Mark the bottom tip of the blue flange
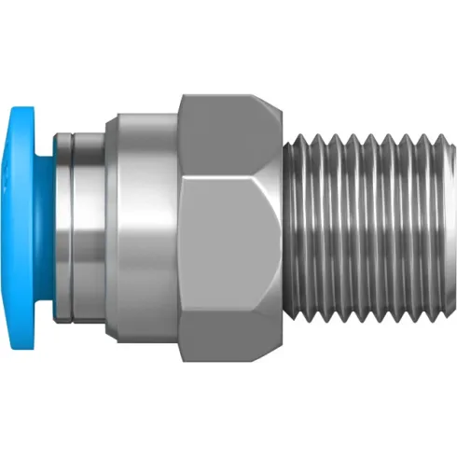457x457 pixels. pyautogui.click(x=25, y=349)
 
